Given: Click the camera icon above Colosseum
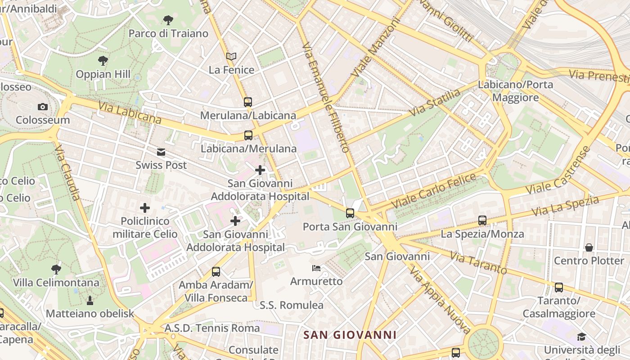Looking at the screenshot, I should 43,107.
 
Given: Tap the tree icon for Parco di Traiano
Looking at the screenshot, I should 168,20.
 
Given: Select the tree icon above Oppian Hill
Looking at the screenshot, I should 103,61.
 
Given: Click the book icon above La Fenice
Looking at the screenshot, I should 231,57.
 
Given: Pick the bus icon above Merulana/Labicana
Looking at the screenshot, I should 248,102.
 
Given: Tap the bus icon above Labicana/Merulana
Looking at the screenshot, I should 248,135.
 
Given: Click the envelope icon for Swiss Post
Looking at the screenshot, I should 161,152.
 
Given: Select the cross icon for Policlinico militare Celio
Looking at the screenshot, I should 144,208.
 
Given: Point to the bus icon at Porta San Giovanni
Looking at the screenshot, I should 350,213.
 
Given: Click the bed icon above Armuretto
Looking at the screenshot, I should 316,268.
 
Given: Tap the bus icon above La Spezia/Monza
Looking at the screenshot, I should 482,220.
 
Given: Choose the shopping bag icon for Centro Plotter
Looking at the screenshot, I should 589,247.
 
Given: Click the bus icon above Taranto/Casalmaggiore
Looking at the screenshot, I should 559,287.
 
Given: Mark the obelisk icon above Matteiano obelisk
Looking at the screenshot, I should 90,300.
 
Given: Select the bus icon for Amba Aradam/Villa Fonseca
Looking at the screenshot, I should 216,272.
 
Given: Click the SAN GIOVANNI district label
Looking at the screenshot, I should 350,335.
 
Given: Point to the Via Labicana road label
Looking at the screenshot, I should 130,113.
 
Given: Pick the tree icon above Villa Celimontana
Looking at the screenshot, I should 56,270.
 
